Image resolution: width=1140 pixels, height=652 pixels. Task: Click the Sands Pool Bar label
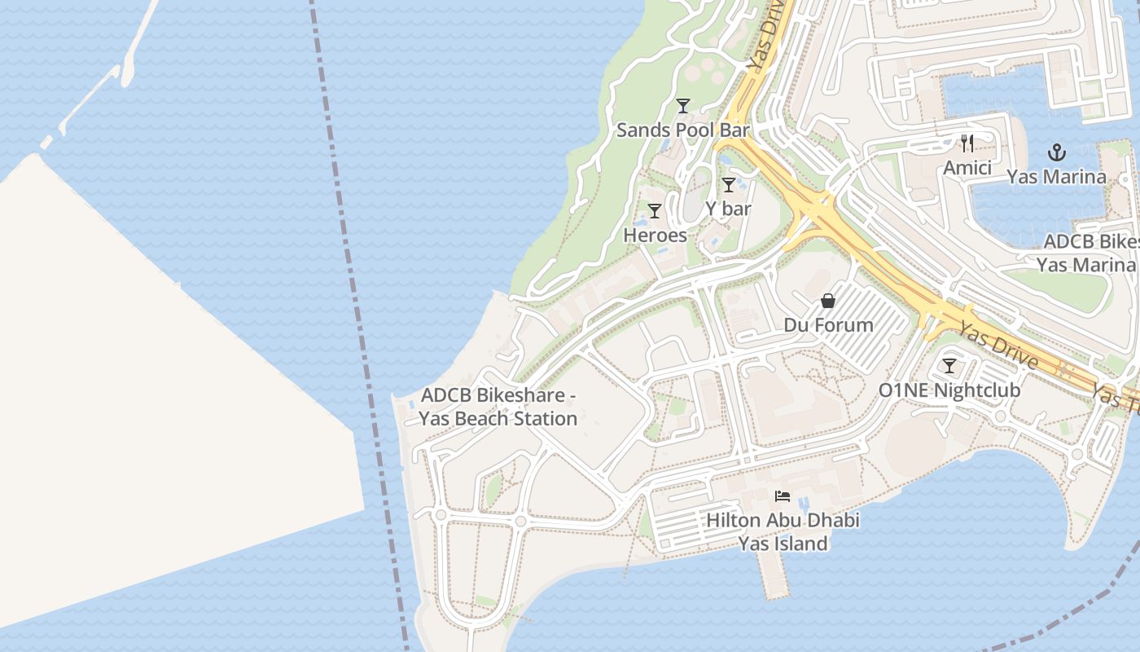[x=682, y=130]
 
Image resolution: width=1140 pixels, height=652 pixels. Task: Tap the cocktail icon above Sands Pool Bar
[x=682, y=106]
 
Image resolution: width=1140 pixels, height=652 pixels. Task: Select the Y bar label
[x=728, y=209]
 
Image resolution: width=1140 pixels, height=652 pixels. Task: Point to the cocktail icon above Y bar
[x=729, y=185]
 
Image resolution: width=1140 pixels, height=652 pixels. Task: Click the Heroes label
[x=655, y=235]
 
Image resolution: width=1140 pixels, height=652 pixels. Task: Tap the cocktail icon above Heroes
[x=654, y=211]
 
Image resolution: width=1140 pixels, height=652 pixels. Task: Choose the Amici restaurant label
[x=967, y=168]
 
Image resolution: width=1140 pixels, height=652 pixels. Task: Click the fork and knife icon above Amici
[x=967, y=144]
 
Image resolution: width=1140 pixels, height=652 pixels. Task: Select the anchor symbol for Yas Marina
[x=1056, y=152]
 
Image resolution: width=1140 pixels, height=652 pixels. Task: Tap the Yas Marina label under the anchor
[x=1056, y=177]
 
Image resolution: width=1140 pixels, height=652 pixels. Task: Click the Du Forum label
[x=828, y=325]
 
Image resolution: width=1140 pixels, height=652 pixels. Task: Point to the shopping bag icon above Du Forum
[x=828, y=301]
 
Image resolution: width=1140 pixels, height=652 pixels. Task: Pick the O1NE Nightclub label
[x=949, y=390]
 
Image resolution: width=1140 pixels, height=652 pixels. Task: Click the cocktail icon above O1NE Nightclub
[x=949, y=366]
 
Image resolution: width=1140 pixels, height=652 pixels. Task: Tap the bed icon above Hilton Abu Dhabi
[x=783, y=496]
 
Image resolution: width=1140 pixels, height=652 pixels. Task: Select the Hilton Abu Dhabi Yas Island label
[x=783, y=531]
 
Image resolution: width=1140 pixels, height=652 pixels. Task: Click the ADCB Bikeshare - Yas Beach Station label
[x=498, y=407]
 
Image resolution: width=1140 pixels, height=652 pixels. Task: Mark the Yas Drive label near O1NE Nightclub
[x=997, y=345]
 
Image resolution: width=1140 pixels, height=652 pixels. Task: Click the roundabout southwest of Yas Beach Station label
[x=441, y=515]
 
